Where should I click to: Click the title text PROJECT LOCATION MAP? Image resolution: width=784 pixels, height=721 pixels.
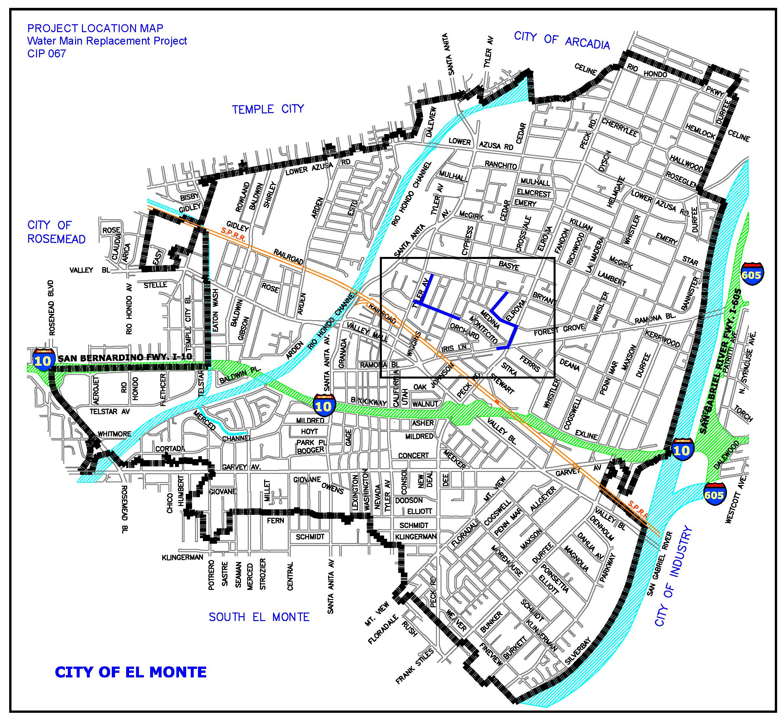coord(95,29)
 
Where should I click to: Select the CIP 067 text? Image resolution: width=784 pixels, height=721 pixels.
coord(47,53)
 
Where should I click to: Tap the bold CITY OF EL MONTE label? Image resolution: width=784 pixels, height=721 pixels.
coord(131,672)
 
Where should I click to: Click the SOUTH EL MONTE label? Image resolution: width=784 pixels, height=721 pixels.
coord(259,617)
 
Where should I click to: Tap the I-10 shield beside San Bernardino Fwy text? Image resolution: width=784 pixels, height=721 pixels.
coord(43,360)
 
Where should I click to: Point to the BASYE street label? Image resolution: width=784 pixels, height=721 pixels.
coord(509,266)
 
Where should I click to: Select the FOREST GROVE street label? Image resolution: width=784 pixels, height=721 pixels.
coord(559,330)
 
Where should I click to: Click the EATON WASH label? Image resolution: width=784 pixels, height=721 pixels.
coord(215,310)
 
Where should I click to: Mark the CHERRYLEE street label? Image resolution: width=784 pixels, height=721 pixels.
coord(620,127)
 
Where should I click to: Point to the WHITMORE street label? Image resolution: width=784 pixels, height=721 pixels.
coord(114,434)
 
